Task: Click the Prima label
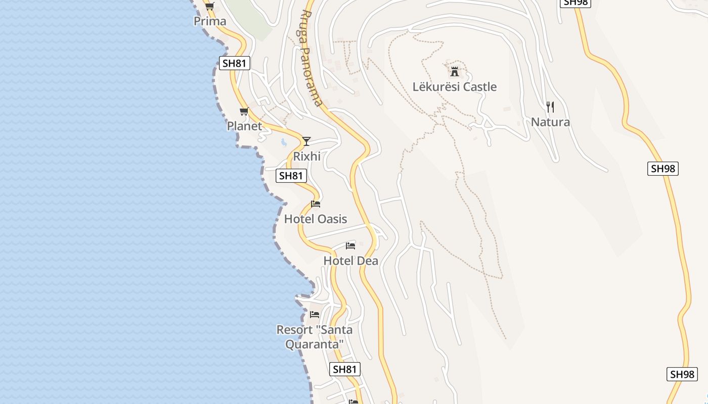coord(210,22)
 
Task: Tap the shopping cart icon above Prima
coord(209,7)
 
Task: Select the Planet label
coord(244,126)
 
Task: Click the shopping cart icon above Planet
coord(244,112)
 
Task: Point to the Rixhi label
coord(307,157)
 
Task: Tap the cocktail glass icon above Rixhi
coord(306,141)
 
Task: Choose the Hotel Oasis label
coord(316,219)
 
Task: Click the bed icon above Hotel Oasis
coord(316,204)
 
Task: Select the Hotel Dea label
coord(350,261)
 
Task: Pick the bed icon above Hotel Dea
coord(350,246)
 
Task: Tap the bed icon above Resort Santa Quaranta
coord(315,315)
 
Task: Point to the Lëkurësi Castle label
coord(455,87)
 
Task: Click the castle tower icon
coord(454,71)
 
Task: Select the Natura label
coord(550,122)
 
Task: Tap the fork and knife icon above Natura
coord(550,107)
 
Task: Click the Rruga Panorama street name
coord(312,58)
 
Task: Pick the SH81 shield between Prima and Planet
coord(235,63)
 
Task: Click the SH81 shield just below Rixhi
coord(291,176)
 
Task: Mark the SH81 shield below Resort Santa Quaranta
coord(345,369)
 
